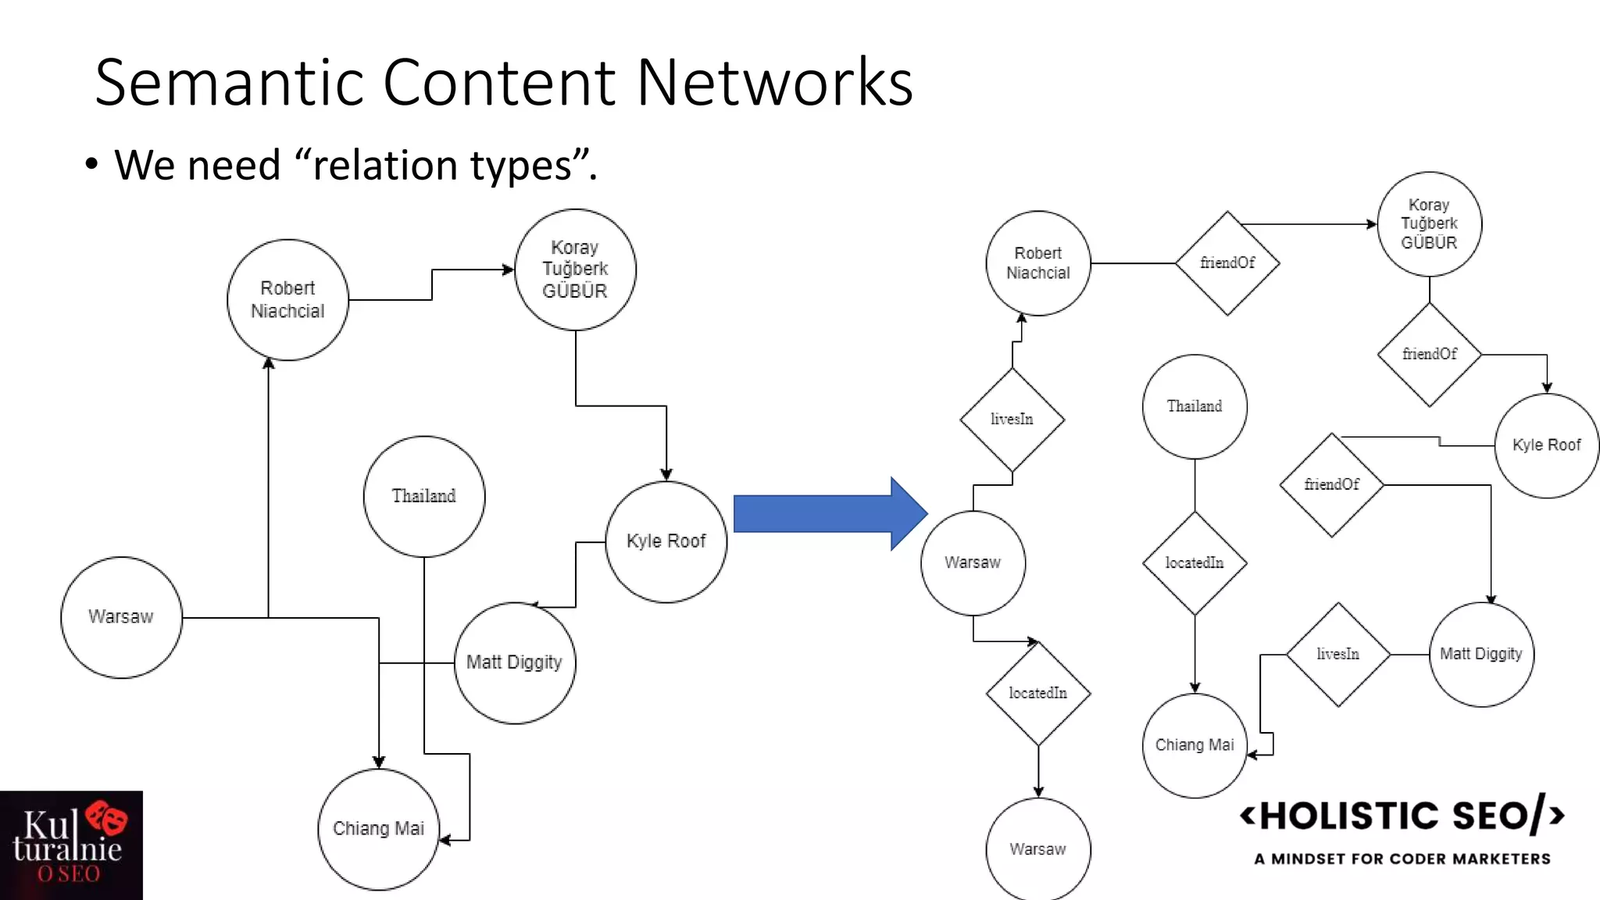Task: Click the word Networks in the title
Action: pos(774,82)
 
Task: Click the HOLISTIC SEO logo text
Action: pos(1402,816)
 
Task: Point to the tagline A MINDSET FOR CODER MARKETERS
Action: pos(1402,859)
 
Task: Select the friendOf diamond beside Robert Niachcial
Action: pos(1227,263)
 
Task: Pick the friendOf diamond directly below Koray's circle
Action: pos(1429,354)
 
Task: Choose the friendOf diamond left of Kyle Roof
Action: pos(1331,484)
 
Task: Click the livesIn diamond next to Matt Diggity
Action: pos(1337,654)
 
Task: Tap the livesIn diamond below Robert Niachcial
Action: pos(1012,420)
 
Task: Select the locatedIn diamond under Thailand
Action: pos(1195,562)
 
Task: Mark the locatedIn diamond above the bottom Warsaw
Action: pos(1037,693)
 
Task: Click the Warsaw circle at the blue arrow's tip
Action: pos(973,562)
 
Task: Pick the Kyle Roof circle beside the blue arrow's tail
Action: pos(666,541)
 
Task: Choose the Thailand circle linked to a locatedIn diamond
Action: pos(1195,406)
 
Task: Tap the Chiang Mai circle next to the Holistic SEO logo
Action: pos(1195,745)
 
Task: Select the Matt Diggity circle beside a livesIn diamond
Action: pos(1481,654)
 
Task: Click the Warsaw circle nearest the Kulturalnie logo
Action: pos(121,617)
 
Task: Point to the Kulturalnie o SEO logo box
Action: pos(71,845)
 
